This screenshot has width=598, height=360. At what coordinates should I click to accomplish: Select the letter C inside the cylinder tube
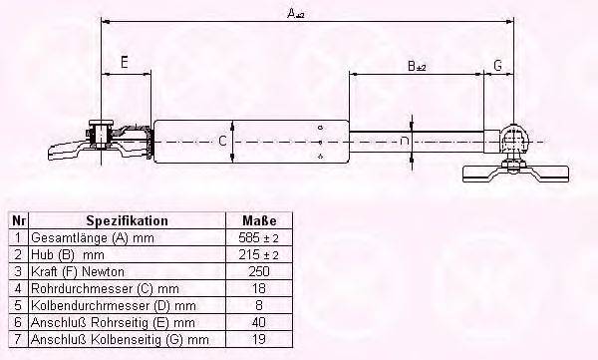click(223, 142)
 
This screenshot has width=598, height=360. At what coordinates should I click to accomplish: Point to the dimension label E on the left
click(124, 64)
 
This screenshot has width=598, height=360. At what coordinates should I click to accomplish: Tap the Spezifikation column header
click(127, 220)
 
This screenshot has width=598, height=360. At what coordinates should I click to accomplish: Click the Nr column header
click(18, 220)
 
